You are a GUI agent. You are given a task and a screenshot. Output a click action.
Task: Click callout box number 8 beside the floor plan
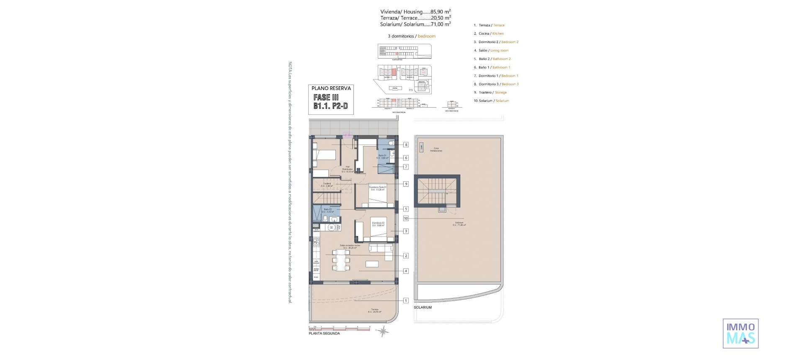click(x=406, y=145)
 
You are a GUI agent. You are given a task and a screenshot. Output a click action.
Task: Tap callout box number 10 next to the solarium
click(x=406, y=219)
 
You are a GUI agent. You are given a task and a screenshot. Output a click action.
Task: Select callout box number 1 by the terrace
click(x=406, y=301)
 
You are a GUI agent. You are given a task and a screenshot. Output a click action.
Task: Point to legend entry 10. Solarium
click(x=491, y=101)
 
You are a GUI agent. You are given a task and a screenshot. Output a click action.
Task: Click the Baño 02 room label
click(x=327, y=211)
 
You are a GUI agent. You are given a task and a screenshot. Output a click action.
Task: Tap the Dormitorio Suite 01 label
click(x=377, y=188)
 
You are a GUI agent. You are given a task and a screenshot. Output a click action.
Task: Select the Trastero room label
click(x=327, y=185)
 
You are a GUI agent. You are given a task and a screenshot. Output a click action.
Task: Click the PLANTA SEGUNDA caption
click(x=324, y=334)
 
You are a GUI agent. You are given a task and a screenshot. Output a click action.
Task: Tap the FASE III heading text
click(x=326, y=97)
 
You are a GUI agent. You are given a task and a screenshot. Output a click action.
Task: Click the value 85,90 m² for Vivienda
click(x=441, y=12)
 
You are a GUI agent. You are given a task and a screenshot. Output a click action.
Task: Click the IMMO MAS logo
click(x=740, y=333)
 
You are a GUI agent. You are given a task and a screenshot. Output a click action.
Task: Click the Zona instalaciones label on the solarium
click(x=436, y=149)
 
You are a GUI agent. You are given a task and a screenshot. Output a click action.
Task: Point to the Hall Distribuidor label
click(x=348, y=169)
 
